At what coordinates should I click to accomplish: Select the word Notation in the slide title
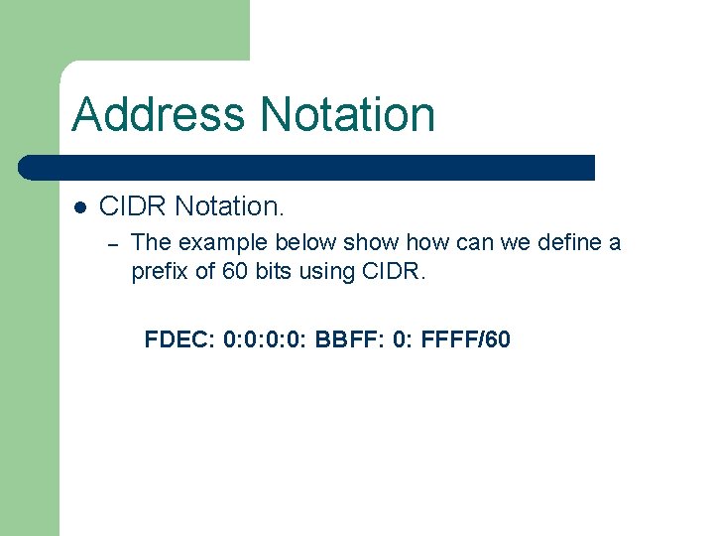coord(347,114)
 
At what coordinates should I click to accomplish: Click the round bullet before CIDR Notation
coord(81,207)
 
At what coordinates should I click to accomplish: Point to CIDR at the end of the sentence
coord(394,272)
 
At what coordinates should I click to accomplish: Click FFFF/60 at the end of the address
coord(466,340)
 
